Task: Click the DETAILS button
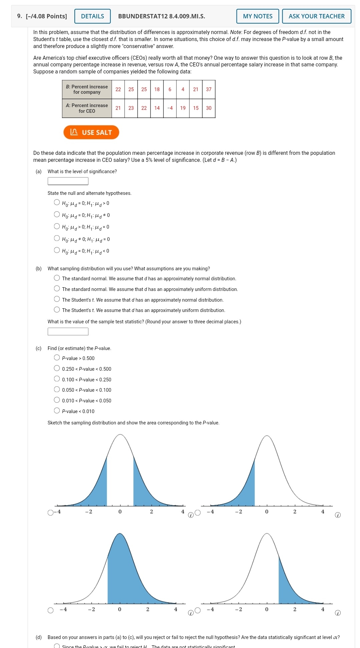pos(92,16)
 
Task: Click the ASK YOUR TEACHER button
pos(316,16)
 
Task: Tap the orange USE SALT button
pos(91,132)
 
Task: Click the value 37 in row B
pos(209,89)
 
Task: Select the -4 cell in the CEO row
pos(170,108)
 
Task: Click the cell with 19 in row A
pos(183,108)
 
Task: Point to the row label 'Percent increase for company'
pos(87,89)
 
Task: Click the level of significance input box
pos(68,181)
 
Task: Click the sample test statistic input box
pos(68,331)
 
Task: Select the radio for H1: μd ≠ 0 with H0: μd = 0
pos(57,215)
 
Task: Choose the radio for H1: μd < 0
pos(57,250)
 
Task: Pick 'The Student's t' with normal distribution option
pos(57,299)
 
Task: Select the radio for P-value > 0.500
pos(57,358)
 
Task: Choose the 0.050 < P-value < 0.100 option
pos(57,389)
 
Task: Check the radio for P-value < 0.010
pos(57,411)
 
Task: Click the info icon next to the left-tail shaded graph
pos(338,515)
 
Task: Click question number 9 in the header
pos(20,16)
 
